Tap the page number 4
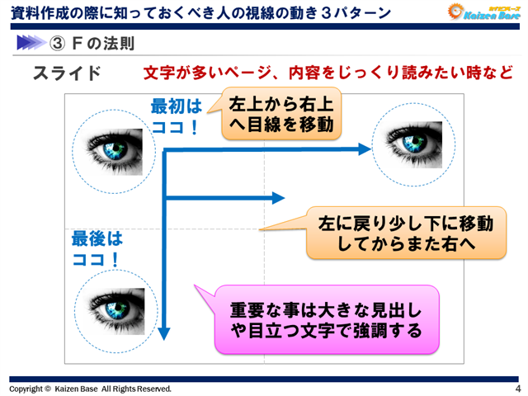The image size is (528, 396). click(x=517, y=389)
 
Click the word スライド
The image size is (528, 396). click(x=67, y=73)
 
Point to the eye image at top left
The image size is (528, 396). click(x=117, y=147)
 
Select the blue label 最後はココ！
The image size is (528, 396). click(x=97, y=248)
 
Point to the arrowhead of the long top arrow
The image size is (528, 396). click(x=365, y=150)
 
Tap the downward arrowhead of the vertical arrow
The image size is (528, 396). click(x=163, y=332)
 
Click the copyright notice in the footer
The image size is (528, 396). click(x=90, y=389)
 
